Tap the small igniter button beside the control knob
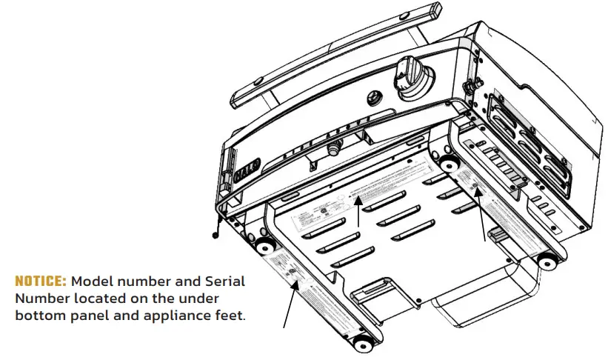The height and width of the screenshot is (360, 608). pos(375,96)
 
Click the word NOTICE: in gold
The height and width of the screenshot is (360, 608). pos(41,282)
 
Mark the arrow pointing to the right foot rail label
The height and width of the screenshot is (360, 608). pos(483,219)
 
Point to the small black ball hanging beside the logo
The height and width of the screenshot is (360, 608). pos(216,236)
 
